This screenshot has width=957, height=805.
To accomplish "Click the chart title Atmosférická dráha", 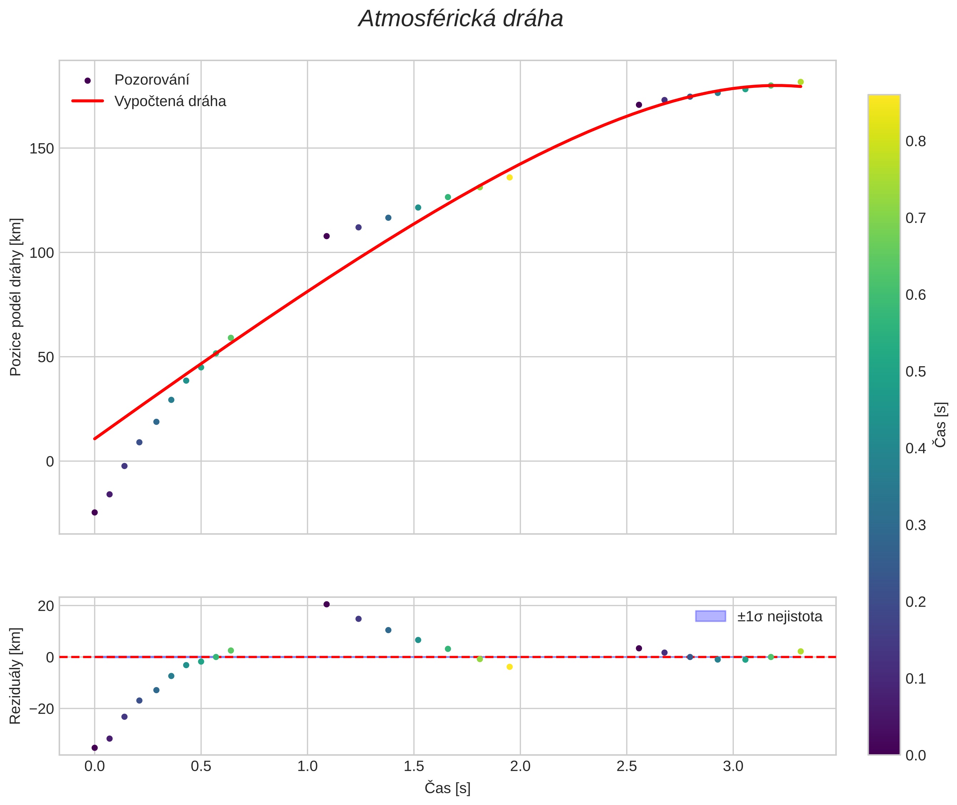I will [x=461, y=19].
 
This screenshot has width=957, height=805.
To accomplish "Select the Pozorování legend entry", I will [x=151, y=80].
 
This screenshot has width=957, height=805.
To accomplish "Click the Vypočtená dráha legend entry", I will [x=170, y=101].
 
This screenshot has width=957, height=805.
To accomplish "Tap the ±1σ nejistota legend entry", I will [x=779, y=617].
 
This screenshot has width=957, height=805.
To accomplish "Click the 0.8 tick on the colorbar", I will [x=916, y=141].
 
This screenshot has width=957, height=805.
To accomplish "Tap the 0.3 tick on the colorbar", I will [x=916, y=525].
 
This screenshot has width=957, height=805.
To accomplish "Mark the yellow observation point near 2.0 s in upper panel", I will [x=510, y=178].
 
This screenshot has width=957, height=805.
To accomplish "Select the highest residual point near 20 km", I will [x=327, y=604].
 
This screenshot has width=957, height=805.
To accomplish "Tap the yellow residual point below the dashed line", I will [x=510, y=667].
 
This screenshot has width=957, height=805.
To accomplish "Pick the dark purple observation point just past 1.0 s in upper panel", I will [x=327, y=236].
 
